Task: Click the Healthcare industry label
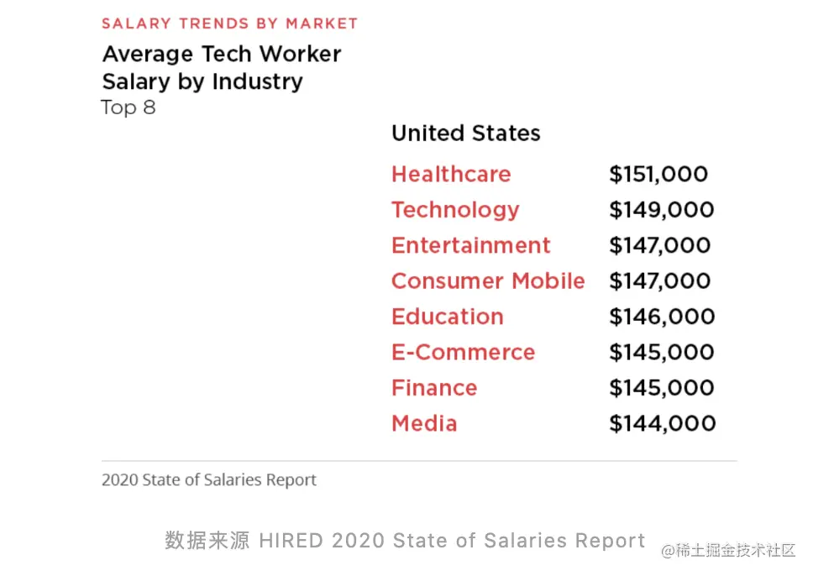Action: click(x=451, y=175)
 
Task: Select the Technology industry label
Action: click(x=455, y=210)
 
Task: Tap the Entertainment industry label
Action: click(x=471, y=245)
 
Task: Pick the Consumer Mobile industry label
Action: click(x=488, y=281)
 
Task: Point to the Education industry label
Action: click(x=448, y=317)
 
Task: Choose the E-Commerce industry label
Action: click(x=463, y=353)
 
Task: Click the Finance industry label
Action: click(x=434, y=388)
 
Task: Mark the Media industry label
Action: click(x=424, y=423)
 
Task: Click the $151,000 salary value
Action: click(x=658, y=175)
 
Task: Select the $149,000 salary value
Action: click(x=662, y=210)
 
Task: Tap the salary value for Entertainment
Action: click(x=660, y=245)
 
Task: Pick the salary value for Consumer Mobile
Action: click(x=660, y=281)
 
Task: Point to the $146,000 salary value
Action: click(x=662, y=317)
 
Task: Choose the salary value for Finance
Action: click(x=662, y=388)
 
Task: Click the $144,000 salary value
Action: click(x=662, y=423)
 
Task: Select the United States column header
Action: click(x=466, y=134)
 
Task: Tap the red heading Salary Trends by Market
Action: click(x=230, y=24)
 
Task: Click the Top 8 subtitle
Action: click(x=129, y=107)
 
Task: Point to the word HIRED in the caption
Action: click(x=291, y=541)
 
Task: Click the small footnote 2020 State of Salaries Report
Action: click(x=209, y=480)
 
